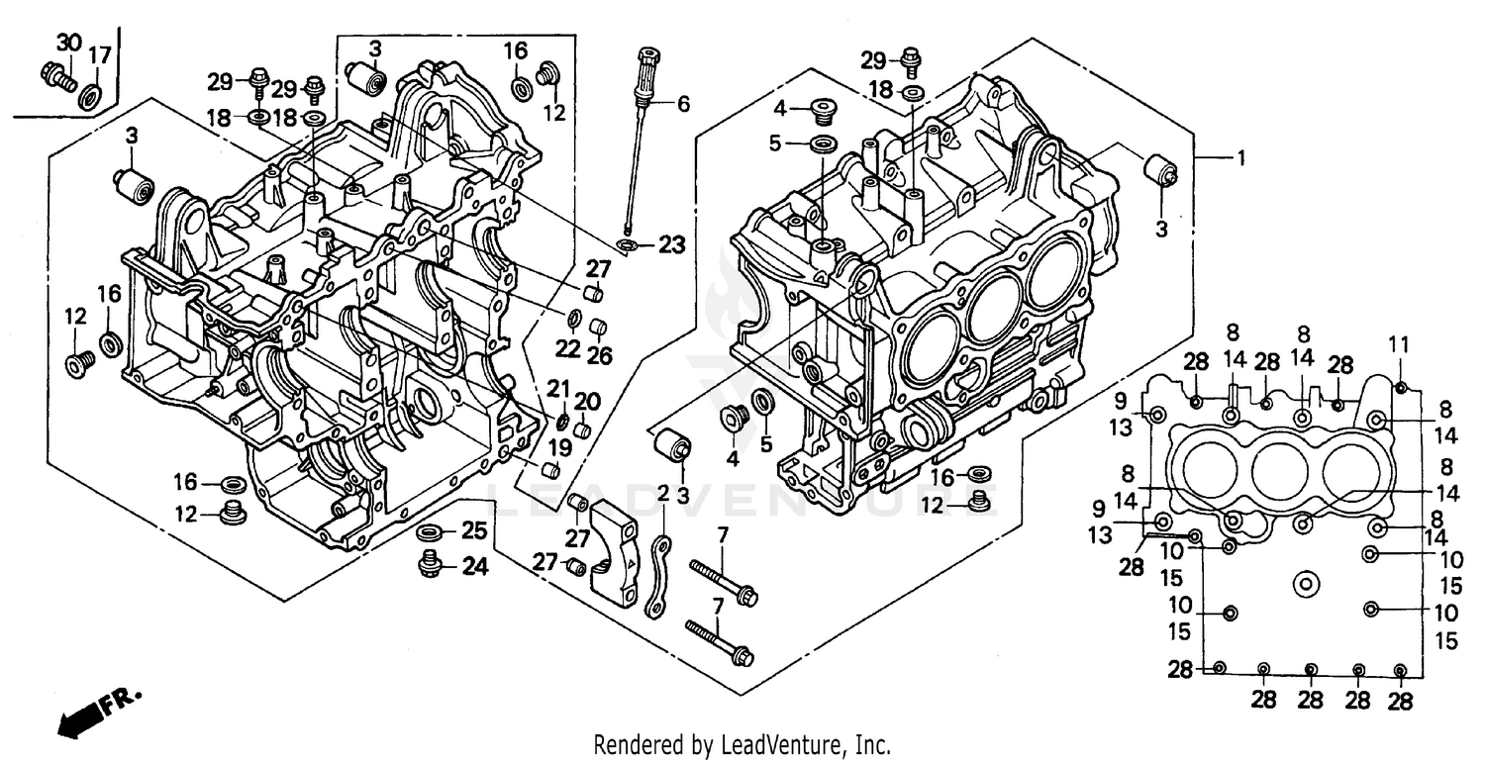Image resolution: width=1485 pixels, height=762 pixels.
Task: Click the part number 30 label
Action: tap(67, 43)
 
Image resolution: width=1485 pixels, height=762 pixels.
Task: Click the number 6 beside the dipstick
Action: tap(683, 102)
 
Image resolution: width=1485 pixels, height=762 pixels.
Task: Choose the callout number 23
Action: tap(671, 244)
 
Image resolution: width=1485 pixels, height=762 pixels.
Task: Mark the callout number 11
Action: tap(1398, 344)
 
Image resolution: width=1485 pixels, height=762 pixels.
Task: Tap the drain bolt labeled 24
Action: tap(430, 563)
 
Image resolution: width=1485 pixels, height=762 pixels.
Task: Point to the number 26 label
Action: tap(601, 355)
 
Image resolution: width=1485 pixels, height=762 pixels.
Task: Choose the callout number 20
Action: tap(588, 401)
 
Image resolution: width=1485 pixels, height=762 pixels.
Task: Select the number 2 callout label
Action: tap(663, 493)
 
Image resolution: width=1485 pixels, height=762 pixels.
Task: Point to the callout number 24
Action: tap(474, 567)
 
